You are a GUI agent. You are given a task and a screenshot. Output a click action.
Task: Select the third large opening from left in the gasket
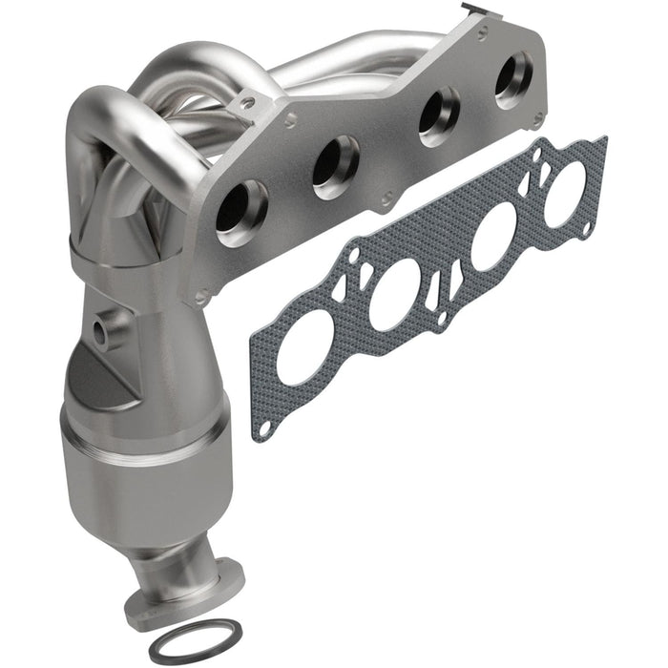(491, 239)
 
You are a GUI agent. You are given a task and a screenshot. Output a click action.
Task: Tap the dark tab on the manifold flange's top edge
(470, 10)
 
